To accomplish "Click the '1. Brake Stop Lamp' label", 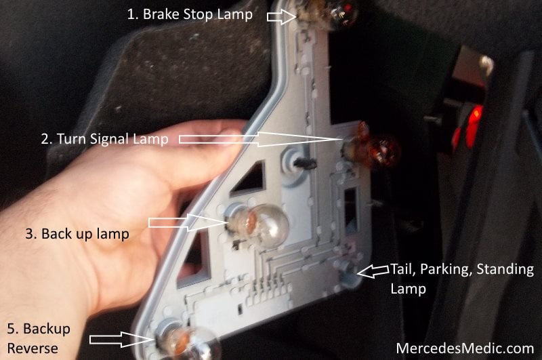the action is tap(190, 14).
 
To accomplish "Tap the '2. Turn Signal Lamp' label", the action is tap(105, 139).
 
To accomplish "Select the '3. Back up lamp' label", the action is tap(77, 234).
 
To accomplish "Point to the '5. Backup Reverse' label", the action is tap(39, 338).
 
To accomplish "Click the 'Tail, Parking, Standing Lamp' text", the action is tap(462, 279).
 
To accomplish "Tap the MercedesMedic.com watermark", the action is tap(465, 348).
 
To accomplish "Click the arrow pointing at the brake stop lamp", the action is tap(282, 16).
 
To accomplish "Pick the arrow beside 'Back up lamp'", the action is tap(188, 222).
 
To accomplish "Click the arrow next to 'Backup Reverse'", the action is tap(121, 339).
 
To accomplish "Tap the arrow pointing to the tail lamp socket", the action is tap(373, 271).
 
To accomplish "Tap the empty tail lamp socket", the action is tap(347, 271).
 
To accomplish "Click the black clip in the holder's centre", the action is tap(306, 163).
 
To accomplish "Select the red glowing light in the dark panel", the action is tap(468, 128).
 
